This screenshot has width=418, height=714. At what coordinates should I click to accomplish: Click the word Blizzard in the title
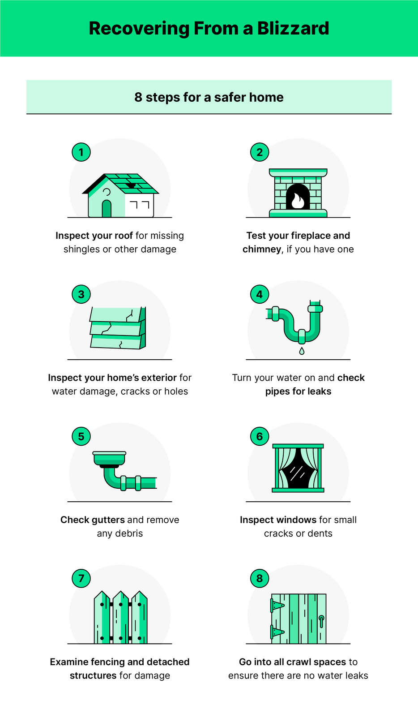tap(293, 28)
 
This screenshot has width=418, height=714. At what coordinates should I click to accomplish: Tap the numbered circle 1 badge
tap(81, 152)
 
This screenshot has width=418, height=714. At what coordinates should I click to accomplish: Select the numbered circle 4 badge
tap(260, 294)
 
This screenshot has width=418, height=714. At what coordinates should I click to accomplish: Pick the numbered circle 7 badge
tap(81, 578)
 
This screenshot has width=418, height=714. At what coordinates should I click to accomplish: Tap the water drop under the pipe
tap(302, 351)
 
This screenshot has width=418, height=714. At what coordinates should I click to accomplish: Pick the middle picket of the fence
tap(120, 618)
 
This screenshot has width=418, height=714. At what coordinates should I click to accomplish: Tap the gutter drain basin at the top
tap(109, 459)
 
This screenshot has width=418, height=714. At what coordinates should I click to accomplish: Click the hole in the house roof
tap(131, 185)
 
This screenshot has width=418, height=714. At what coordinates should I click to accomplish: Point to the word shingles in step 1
tap(81, 249)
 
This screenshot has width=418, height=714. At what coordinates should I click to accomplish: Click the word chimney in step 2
tap(262, 249)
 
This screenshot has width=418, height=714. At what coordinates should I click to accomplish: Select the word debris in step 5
tap(128, 533)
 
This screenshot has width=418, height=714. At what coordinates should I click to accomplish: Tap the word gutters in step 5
tap(108, 520)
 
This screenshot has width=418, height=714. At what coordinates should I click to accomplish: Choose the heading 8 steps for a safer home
tap(209, 97)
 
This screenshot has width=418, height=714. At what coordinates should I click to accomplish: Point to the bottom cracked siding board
tap(116, 343)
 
